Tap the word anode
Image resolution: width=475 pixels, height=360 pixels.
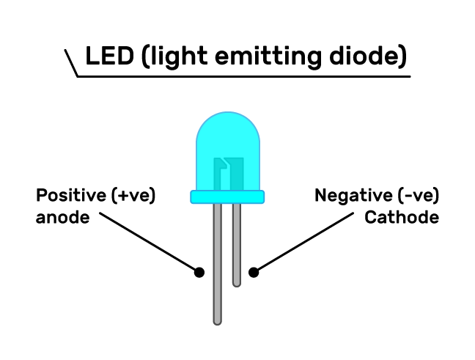[62, 218]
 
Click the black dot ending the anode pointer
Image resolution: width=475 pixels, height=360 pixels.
[199, 272]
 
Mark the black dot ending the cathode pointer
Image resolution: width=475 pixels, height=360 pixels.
[254, 272]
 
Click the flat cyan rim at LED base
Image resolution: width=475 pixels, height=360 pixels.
[227, 196]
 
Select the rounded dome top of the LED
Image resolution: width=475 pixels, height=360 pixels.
[227, 132]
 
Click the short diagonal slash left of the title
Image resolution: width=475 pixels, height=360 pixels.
[71, 63]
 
